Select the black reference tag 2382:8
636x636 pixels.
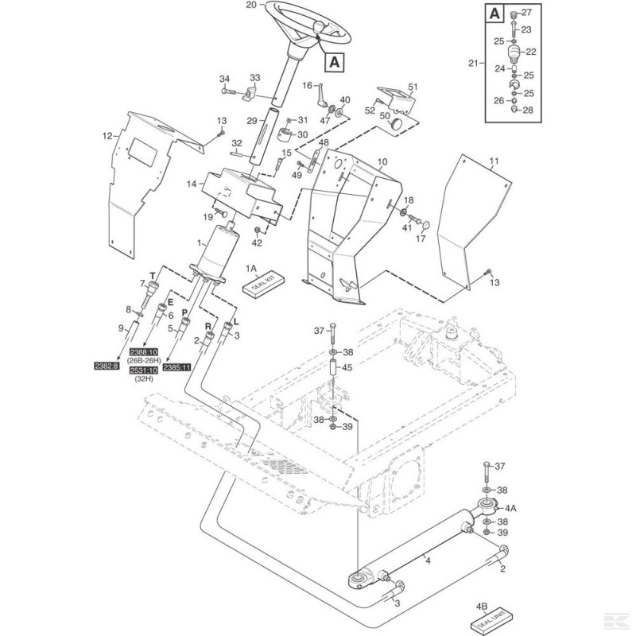pos(106,366)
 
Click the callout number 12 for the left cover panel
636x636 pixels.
pos(107,137)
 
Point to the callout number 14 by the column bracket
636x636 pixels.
pos(190,184)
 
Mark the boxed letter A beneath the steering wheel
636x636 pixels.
pos(333,60)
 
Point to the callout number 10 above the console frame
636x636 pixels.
pos(382,161)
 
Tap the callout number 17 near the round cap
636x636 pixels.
pos(423,238)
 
